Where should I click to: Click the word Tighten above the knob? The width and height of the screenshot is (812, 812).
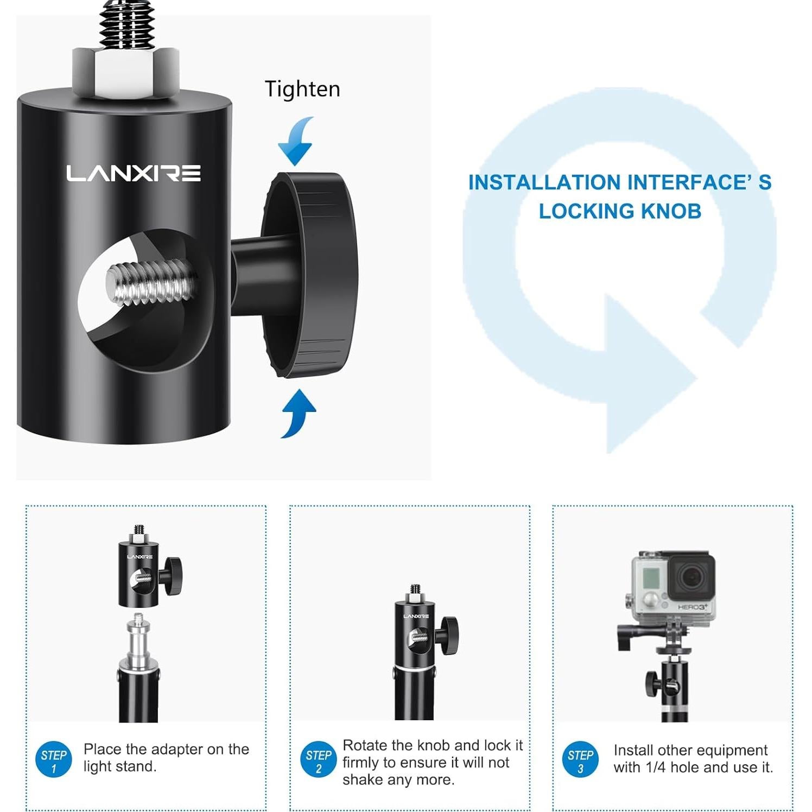point(302,89)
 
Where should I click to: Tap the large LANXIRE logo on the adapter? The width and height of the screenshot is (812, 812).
point(134,173)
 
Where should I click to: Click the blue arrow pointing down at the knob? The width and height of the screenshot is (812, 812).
point(296,141)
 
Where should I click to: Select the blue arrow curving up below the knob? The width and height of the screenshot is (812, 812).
point(298,414)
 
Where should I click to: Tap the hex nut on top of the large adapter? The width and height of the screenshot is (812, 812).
point(125,74)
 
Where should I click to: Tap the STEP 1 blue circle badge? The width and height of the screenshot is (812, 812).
point(54,759)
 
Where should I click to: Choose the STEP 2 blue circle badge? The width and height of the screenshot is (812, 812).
point(319,759)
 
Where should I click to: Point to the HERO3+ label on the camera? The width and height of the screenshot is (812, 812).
point(693,607)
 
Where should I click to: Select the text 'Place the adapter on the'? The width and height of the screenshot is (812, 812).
point(166,749)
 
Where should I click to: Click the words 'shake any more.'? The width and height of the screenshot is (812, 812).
point(398,780)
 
